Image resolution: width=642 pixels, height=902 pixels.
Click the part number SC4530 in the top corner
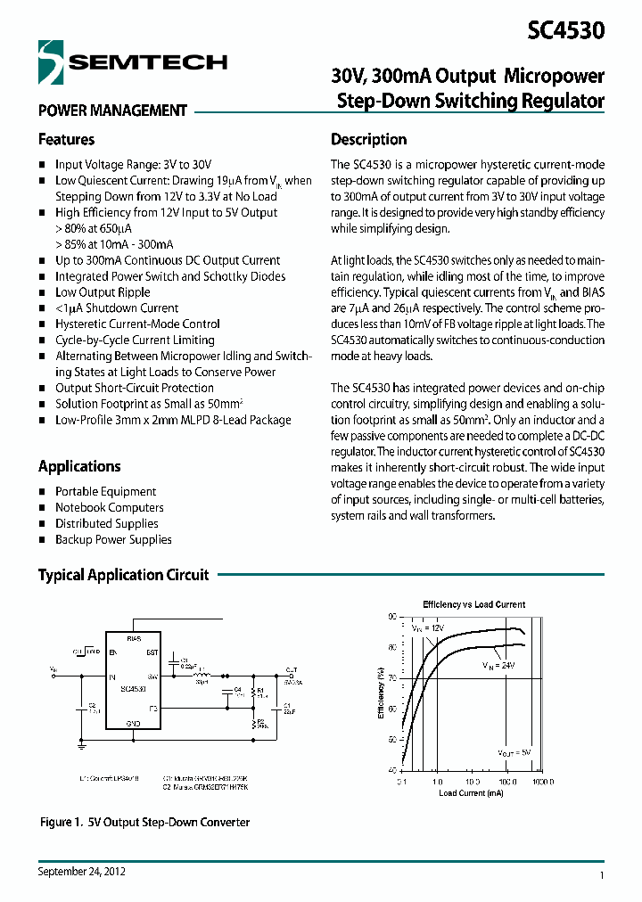point(566,30)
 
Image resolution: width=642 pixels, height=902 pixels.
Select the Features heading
point(66,140)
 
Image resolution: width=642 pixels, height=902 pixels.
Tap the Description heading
point(368,140)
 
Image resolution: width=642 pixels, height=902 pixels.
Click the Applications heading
point(79,466)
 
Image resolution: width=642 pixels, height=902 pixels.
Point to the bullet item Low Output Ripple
point(103,292)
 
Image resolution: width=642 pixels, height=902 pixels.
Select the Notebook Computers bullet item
point(109,508)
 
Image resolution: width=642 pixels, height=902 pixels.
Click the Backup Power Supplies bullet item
point(113,540)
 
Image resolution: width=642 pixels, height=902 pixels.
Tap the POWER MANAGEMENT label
point(112,111)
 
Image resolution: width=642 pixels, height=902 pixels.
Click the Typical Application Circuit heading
point(123,575)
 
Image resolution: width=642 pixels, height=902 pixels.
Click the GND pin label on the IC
point(134,723)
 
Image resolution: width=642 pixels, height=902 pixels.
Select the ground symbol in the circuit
point(82,741)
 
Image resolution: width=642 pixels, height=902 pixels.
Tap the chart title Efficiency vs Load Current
point(473,604)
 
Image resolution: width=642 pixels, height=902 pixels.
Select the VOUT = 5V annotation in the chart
point(514,753)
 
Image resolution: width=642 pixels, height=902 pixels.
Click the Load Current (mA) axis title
point(472,792)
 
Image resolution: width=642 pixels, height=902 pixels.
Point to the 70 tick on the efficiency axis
point(392,678)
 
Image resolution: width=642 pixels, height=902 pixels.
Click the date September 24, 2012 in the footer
point(82,872)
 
